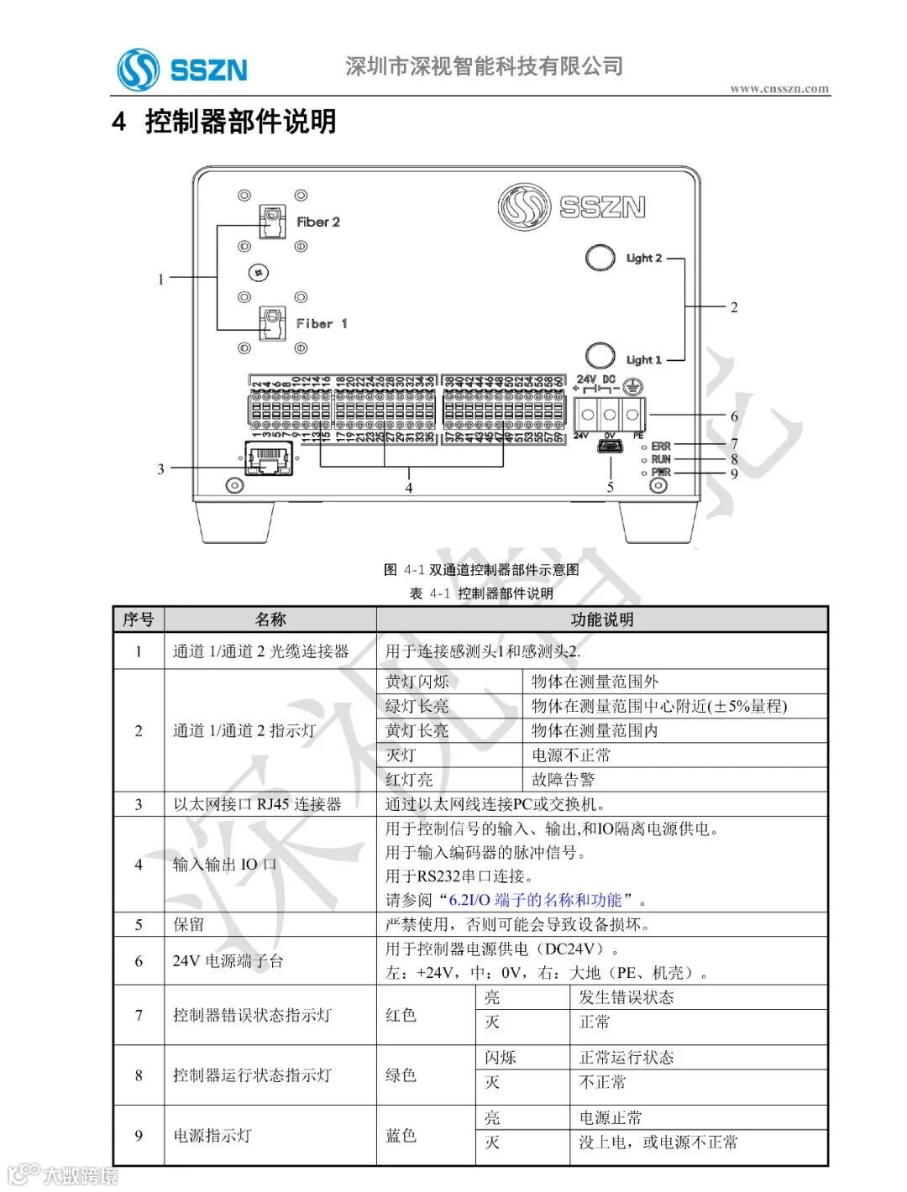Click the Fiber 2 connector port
click(x=270, y=222)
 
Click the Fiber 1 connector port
click(x=270, y=323)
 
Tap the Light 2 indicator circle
click(x=600, y=257)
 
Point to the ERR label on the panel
click(x=661, y=446)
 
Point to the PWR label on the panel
click(x=661, y=473)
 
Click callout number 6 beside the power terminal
click(x=734, y=416)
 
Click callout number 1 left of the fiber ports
click(x=161, y=279)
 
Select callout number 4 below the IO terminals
click(x=409, y=488)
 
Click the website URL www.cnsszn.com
click(x=779, y=88)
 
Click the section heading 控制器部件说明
click(x=240, y=122)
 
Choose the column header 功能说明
click(x=601, y=620)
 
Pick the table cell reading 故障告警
click(x=564, y=779)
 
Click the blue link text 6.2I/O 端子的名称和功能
click(x=536, y=900)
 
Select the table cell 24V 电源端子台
click(x=228, y=961)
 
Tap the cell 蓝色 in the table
click(x=401, y=1136)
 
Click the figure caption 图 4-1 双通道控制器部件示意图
click(x=481, y=570)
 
